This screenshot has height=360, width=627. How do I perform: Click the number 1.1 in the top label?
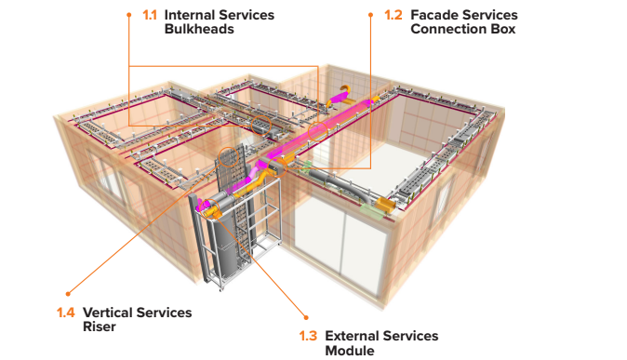(148, 15)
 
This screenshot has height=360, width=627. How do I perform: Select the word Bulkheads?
(200, 29)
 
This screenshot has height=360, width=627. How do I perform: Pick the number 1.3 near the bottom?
(308, 336)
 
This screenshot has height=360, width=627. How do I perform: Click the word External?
(352, 336)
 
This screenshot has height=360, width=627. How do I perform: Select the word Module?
(350, 350)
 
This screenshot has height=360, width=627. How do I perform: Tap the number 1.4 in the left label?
(67, 313)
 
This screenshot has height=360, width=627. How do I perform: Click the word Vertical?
(108, 313)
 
